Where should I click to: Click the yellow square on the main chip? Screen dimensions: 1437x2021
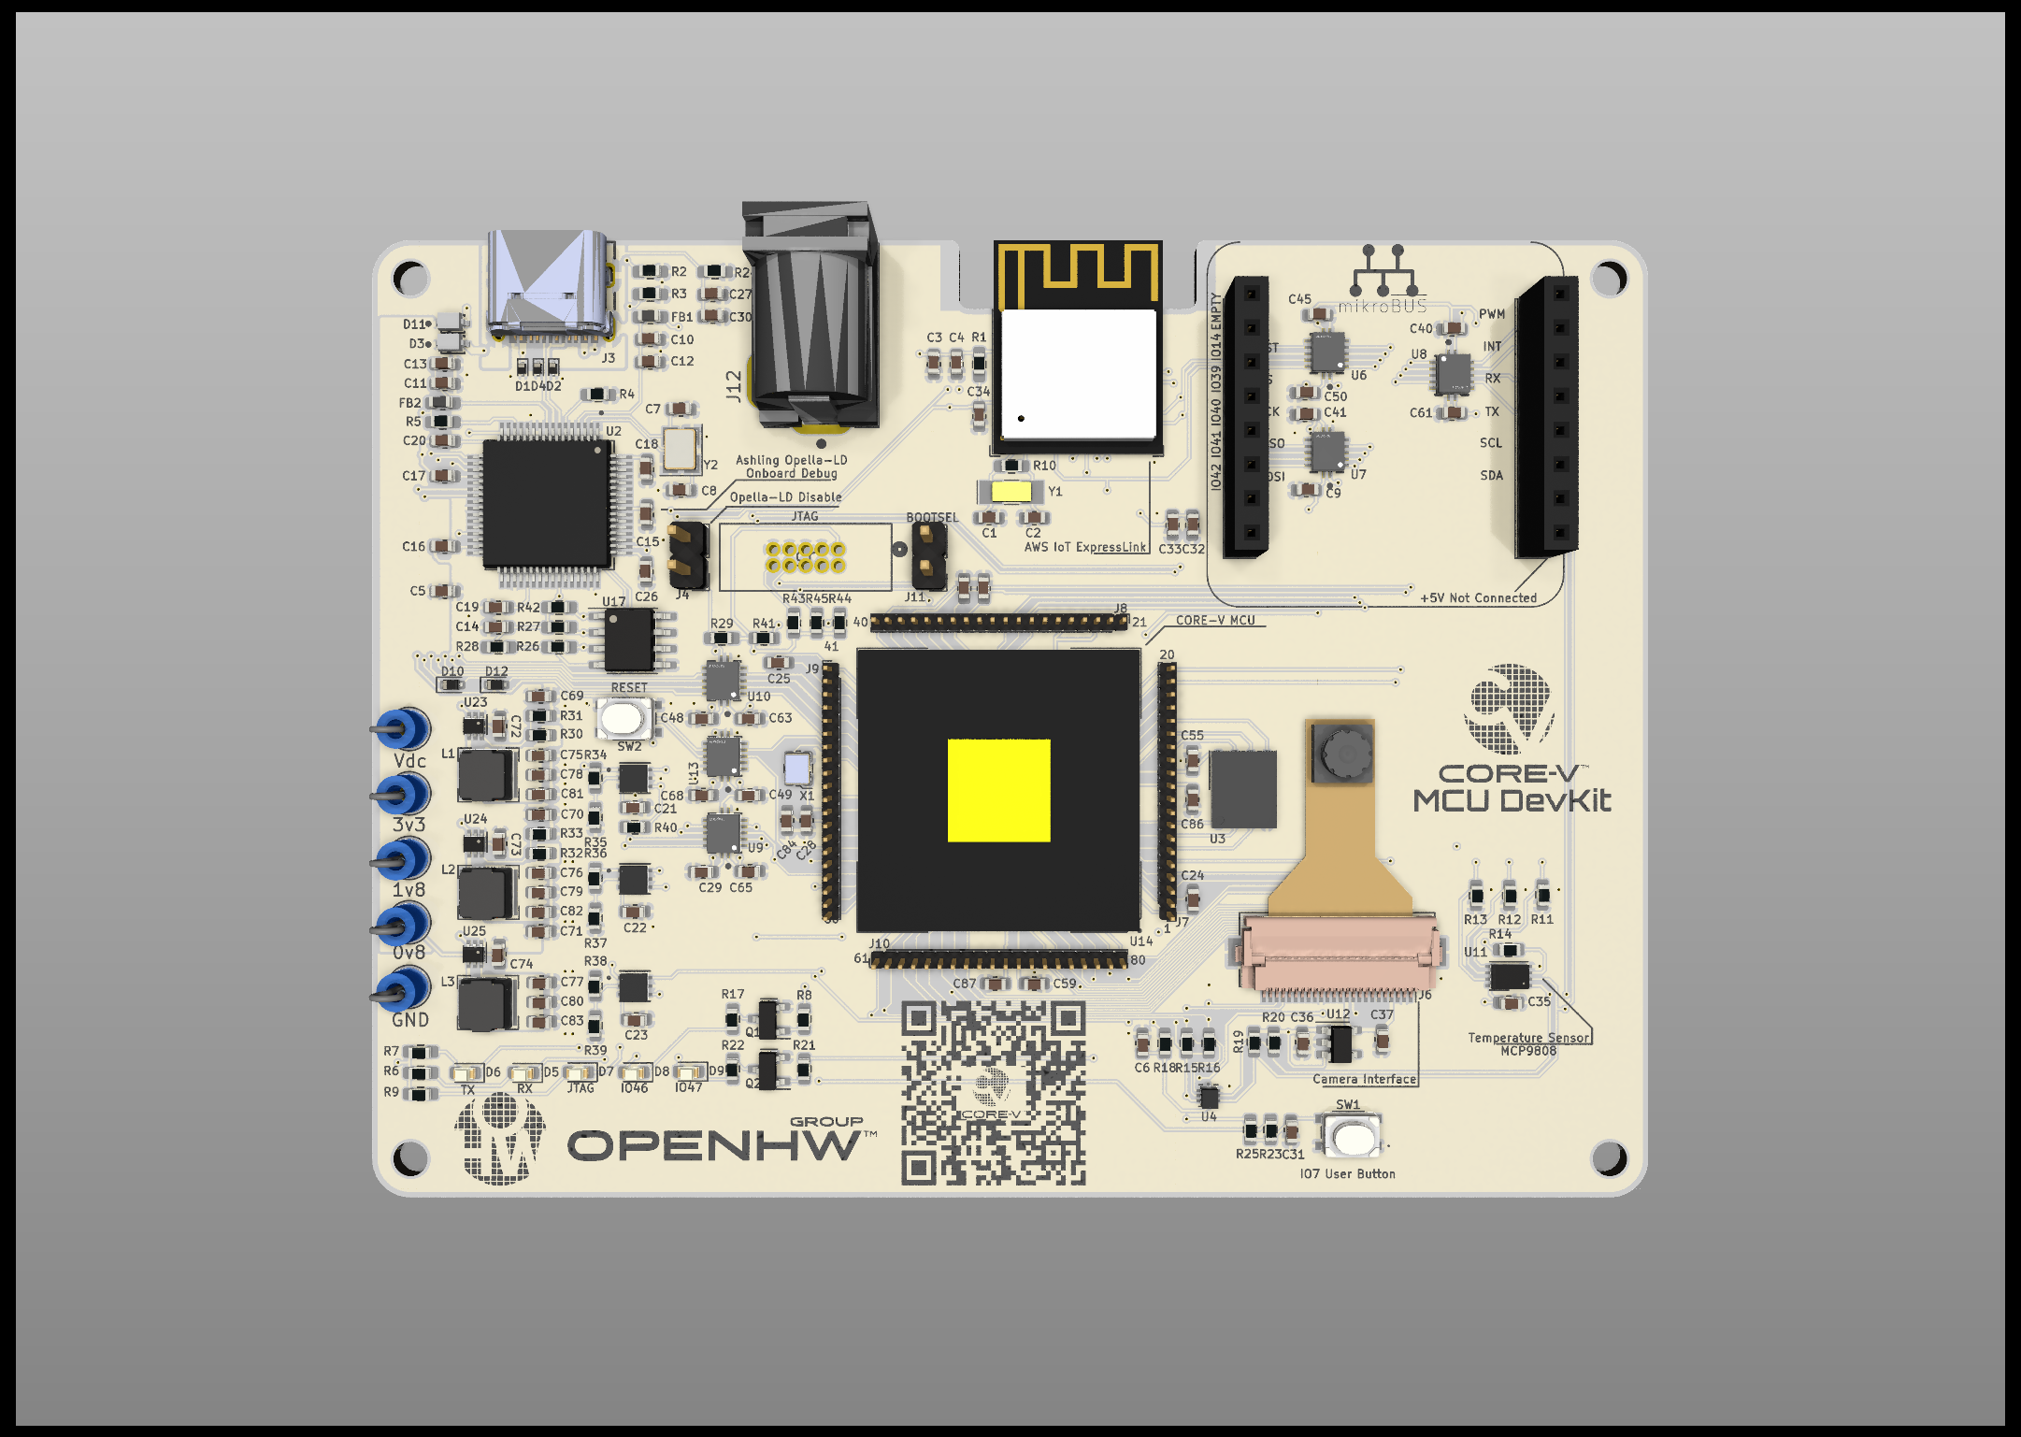[998, 790]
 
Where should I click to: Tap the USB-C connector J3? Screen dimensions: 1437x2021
[552, 285]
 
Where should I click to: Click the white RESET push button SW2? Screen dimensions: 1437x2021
[623, 719]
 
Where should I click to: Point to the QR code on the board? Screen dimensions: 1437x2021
[993, 1093]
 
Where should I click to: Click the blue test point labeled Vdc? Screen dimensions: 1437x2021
[404, 728]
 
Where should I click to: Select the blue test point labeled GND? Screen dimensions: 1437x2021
[404, 989]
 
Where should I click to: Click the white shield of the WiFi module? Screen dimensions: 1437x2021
[1078, 373]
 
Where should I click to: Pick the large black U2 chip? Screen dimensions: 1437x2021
[547, 503]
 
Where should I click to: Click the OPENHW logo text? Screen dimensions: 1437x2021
[715, 1145]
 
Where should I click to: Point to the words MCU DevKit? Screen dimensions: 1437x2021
[1512, 801]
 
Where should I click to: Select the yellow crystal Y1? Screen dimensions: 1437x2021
[1010, 491]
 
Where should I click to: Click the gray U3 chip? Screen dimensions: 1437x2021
[1242, 788]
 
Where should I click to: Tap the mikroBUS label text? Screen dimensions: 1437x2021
[1383, 306]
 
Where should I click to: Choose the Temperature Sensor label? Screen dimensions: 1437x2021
[1527, 1038]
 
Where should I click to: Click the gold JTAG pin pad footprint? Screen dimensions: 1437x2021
[805, 557]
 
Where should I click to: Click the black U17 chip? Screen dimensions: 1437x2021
[628, 639]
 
